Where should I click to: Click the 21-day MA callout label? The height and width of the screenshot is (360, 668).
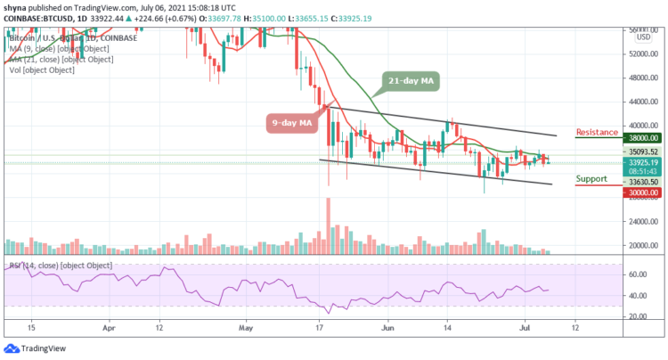[x=414, y=82]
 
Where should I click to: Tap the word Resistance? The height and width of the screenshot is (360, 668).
[x=599, y=132]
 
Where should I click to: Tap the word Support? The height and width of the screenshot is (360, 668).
[x=592, y=179]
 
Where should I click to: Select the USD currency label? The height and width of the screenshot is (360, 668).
[x=643, y=38]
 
